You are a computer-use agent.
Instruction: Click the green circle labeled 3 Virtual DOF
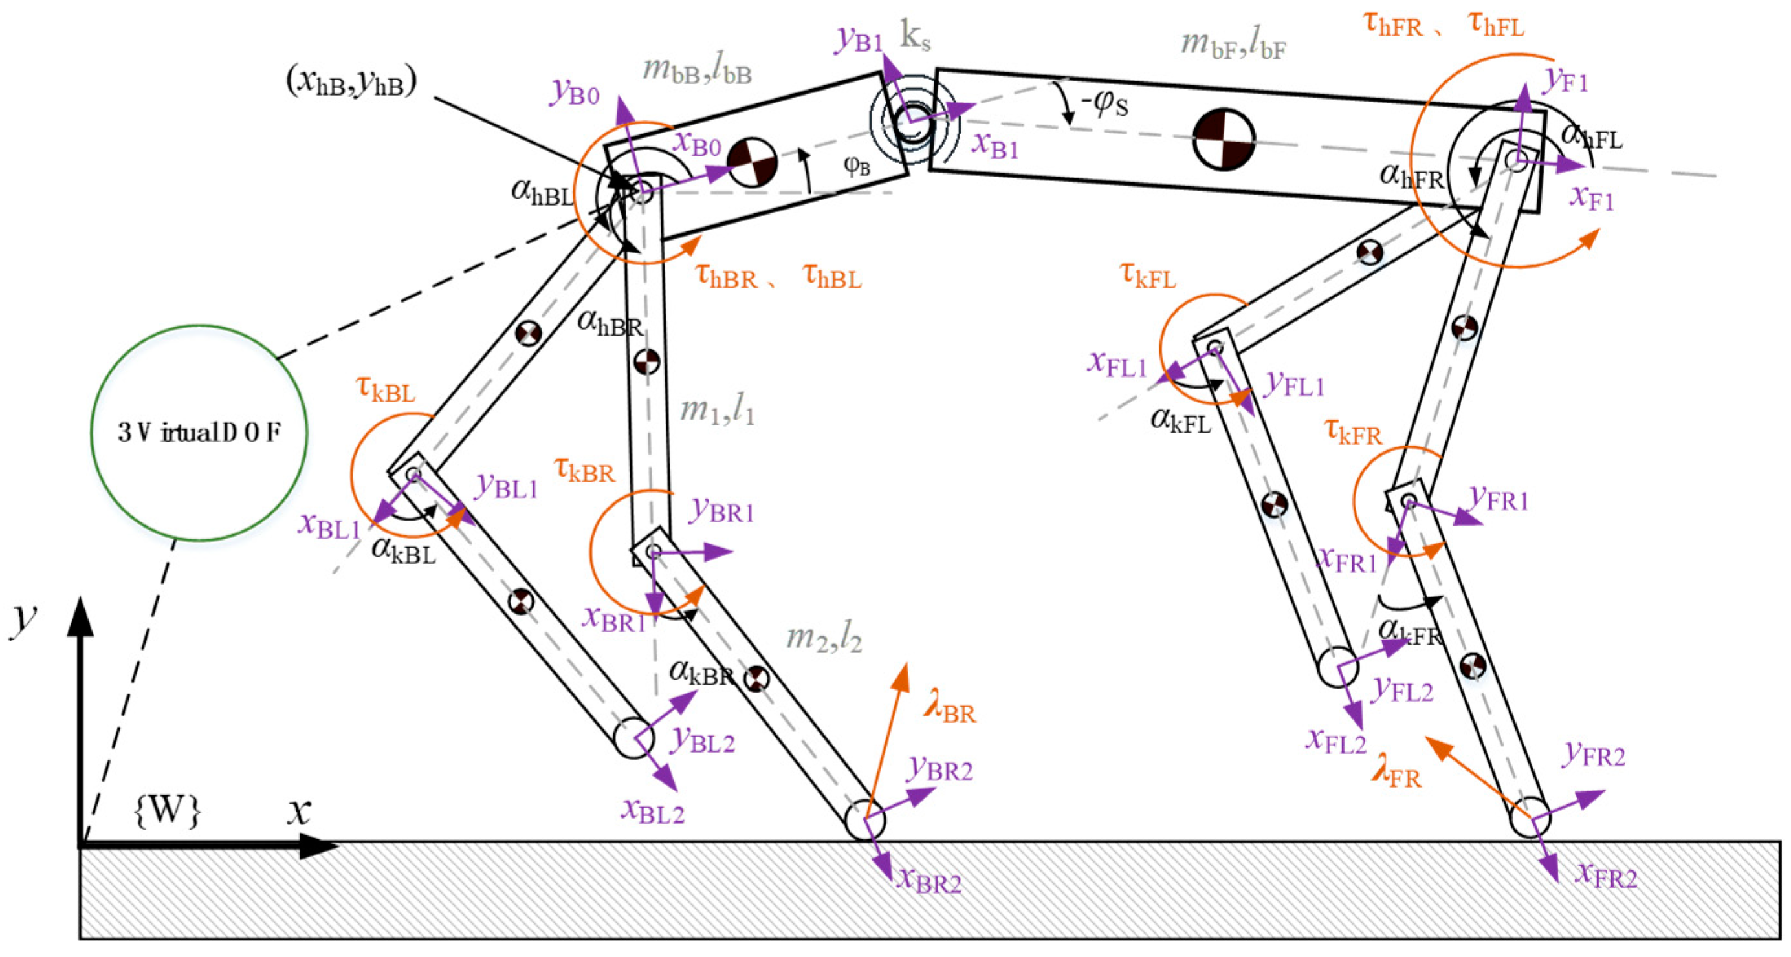(199, 433)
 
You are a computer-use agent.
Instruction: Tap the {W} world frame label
(167, 810)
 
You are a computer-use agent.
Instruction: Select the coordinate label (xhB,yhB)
(351, 83)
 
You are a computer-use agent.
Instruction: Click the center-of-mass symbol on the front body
(1224, 138)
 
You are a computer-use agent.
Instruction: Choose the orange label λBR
(950, 709)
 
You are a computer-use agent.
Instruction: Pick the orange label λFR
(1396, 773)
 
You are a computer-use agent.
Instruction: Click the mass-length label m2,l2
(824, 638)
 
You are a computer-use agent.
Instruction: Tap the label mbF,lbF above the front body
(1233, 45)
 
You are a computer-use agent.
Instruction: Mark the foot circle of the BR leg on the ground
(865, 820)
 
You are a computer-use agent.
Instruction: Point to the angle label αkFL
(1181, 419)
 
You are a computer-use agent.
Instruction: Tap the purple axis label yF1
(1566, 81)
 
